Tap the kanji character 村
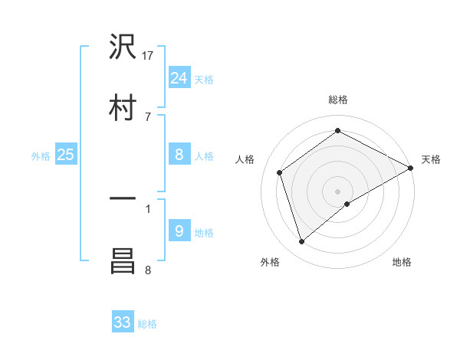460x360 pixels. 123,107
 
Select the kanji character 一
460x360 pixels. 123,199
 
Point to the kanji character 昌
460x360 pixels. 123,260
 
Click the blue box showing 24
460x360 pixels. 179,77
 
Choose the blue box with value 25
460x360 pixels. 66,155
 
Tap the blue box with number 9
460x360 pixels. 179,231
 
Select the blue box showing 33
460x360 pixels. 123,322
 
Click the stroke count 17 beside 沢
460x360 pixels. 149,55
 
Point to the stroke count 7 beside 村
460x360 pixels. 148,116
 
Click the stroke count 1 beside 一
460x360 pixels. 148,208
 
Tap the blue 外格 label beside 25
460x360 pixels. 41,156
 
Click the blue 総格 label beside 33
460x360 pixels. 147,324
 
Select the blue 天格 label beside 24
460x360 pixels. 204,79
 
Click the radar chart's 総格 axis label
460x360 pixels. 338,100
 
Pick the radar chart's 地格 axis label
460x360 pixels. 402,262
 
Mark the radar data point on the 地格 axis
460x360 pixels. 347,204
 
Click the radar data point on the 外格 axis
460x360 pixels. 302,242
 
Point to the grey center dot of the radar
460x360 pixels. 338,191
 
